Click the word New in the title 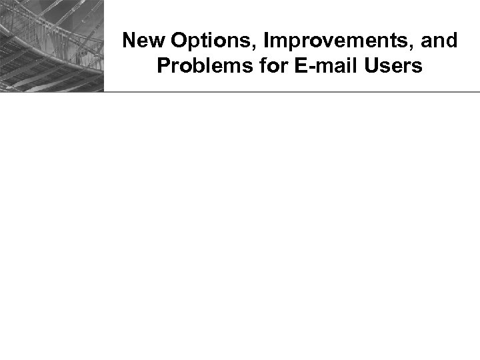[x=143, y=41]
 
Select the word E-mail [x=303, y=67]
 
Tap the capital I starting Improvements [x=266, y=41]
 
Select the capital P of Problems [x=163, y=67]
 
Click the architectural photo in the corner [x=51, y=45]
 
